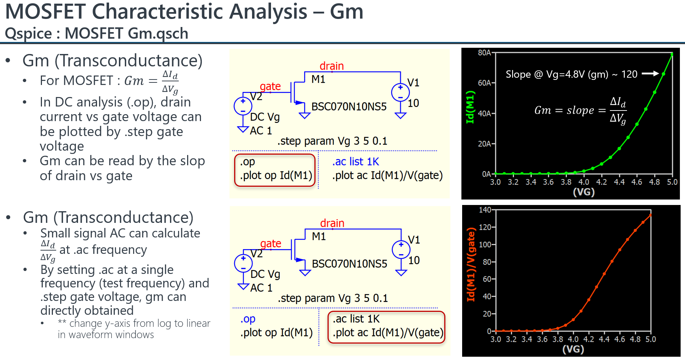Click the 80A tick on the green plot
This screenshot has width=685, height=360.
click(484, 53)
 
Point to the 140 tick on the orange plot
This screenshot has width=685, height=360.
click(485, 210)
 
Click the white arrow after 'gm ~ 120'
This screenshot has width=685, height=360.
click(650, 74)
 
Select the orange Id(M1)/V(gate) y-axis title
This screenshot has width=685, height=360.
click(471, 264)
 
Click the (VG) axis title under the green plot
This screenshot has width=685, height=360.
click(584, 192)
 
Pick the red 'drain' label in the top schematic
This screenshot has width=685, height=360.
click(332, 66)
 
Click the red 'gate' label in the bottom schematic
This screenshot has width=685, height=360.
click(271, 243)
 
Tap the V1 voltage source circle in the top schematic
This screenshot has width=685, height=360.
click(400, 92)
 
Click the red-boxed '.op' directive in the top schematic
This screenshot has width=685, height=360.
click(248, 162)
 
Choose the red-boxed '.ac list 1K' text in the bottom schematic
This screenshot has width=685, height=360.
click(356, 319)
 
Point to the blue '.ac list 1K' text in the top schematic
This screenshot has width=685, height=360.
click(356, 162)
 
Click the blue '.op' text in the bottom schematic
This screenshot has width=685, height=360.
click(248, 319)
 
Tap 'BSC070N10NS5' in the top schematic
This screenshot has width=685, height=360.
click(349, 107)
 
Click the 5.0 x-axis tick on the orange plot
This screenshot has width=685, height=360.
click(651, 339)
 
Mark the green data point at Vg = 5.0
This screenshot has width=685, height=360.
click(672, 54)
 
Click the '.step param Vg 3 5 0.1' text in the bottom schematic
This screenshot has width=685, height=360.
click(333, 298)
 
